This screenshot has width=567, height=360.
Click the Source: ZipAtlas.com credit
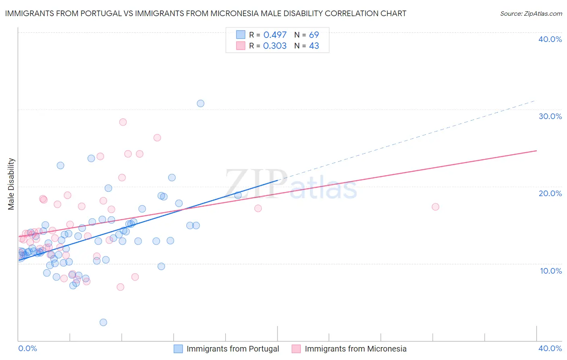(x=531, y=13)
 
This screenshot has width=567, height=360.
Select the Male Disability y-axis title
(x=11, y=184)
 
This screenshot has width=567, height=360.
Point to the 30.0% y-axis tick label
(x=550, y=116)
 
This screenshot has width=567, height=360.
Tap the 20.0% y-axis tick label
(x=550, y=193)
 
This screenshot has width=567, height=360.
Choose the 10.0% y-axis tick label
(x=551, y=271)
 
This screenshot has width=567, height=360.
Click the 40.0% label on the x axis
(x=550, y=348)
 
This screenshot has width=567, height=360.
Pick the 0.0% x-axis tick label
(x=27, y=348)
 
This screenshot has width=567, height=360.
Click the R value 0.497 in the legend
(x=275, y=35)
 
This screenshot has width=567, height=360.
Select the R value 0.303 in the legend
(x=275, y=46)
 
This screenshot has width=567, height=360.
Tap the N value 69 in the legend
(x=314, y=35)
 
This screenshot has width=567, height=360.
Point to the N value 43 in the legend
(x=314, y=46)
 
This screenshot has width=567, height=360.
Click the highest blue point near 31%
(x=200, y=103)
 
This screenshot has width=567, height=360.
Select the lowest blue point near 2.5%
(x=103, y=322)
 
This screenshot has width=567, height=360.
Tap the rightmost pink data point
(x=435, y=207)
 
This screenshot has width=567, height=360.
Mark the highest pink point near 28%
(x=123, y=122)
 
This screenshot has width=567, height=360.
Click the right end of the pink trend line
(x=536, y=151)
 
